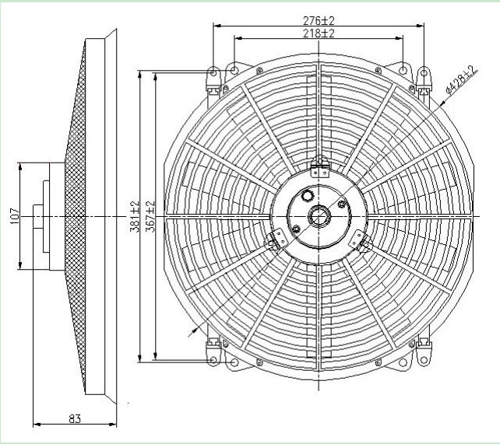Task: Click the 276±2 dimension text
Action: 319,20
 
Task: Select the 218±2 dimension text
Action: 319,33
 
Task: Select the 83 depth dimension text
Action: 75,418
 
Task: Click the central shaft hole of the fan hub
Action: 319,215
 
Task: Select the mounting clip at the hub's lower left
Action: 273,242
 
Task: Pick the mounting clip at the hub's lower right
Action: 359,243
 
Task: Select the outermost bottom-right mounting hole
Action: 424,358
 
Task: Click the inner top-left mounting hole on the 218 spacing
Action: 234,72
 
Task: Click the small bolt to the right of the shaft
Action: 342,205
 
